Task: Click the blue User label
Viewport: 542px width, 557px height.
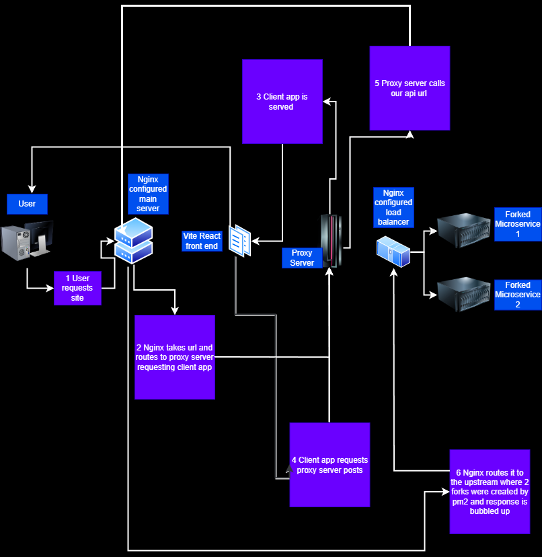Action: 27,203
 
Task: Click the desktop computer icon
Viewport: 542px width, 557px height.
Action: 27,242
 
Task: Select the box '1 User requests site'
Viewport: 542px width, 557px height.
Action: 77,288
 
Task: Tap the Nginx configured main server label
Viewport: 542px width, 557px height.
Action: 148,194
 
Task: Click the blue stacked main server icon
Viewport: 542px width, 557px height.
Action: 133,241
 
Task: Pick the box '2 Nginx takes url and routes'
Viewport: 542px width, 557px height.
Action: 175,357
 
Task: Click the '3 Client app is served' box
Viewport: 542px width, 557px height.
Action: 282,102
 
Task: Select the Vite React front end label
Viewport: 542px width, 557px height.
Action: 202,241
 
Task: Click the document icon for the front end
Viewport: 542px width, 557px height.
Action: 240,241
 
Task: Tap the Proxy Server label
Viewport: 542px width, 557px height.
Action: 302,258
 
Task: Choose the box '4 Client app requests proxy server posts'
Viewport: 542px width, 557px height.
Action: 330,465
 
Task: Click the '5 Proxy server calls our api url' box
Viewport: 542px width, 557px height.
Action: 410,88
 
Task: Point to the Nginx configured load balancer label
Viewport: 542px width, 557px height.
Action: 393,207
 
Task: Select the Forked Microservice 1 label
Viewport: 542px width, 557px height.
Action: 517,224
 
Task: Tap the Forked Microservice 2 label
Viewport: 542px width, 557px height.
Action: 517,295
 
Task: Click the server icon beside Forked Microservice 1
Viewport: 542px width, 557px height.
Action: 465,229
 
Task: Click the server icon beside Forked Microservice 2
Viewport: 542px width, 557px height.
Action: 465,292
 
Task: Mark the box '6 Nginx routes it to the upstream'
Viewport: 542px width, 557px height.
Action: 490,492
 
